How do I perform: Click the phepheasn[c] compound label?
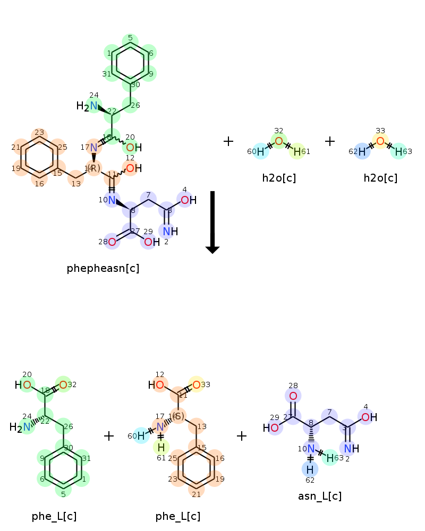tap(103, 268)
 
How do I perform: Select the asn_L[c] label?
tap(319, 496)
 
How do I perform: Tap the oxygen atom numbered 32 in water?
tap(279, 141)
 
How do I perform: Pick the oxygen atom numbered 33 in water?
tap(380, 141)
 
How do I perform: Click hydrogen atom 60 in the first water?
tap(260, 152)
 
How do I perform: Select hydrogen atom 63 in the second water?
tap(398, 152)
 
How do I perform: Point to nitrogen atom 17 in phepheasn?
tap(93, 147)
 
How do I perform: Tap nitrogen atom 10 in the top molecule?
tap(111, 200)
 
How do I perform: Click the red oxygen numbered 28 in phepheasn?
tap(112, 242)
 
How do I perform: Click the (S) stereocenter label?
tap(178, 416)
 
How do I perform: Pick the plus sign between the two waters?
tap(330, 141)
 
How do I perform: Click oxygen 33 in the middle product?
tap(196, 384)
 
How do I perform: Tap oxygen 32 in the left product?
tap(63, 384)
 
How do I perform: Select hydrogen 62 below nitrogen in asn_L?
tap(310, 469)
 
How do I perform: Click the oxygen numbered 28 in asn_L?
tap(293, 396)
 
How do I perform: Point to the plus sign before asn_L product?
tap(242, 436)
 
